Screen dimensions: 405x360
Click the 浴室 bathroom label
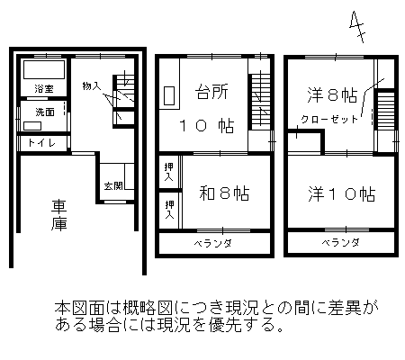pyautogui.click(x=44, y=89)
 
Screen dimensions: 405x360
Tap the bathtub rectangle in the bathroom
pyautogui.click(x=44, y=69)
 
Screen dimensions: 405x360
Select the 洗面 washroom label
pyautogui.click(x=45, y=112)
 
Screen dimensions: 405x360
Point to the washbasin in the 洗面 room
pyautogui.click(x=32, y=126)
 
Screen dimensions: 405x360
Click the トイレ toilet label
pyautogui.click(x=41, y=143)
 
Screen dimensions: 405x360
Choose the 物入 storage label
pyautogui.click(x=92, y=86)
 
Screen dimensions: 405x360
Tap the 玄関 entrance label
pyautogui.click(x=113, y=186)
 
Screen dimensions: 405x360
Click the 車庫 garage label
pyautogui.click(x=58, y=215)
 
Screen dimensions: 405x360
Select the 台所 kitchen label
pyautogui.click(x=211, y=92)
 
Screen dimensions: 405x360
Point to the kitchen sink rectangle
pyautogui.click(x=169, y=96)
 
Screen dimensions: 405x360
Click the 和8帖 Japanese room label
pyautogui.click(x=224, y=193)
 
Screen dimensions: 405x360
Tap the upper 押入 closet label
pyautogui.click(x=169, y=172)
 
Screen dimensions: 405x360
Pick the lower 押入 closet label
pyautogui.click(x=169, y=210)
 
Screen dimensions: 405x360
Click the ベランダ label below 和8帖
pyautogui.click(x=212, y=243)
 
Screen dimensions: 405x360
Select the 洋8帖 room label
pyautogui.click(x=332, y=95)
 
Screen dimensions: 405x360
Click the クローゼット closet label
pyautogui.click(x=329, y=120)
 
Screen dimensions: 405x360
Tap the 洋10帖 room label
pyautogui.click(x=342, y=194)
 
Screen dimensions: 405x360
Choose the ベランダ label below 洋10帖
pyautogui.click(x=340, y=242)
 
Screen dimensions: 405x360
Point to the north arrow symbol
pyautogui.click(x=357, y=27)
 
